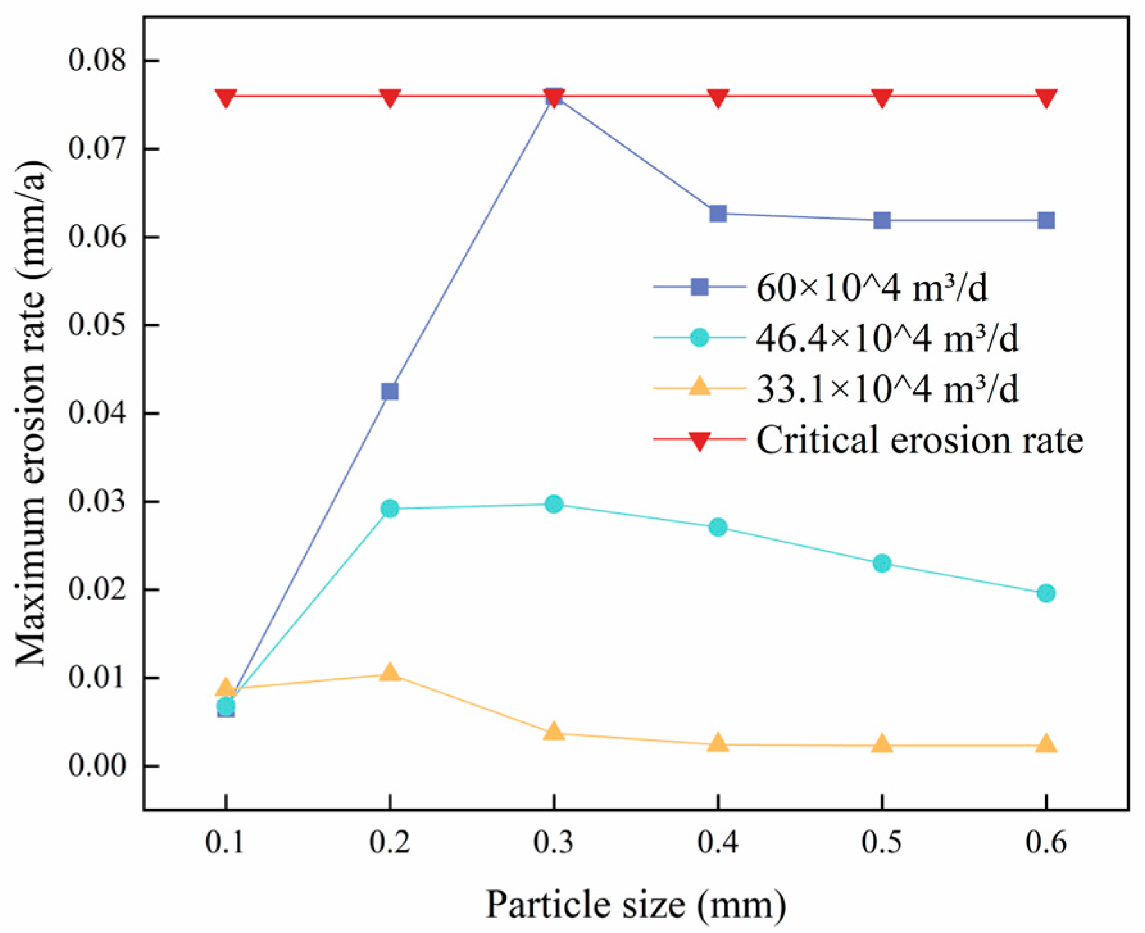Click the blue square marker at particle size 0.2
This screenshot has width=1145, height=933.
click(390, 391)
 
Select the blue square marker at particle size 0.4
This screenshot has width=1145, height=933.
click(718, 213)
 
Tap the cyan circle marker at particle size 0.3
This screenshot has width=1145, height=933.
click(554, 504)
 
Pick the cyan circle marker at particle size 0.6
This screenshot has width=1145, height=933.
click(1046, 593)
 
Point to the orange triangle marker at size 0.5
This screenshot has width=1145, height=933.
click(882, 744)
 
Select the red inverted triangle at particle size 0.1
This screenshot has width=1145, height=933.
click(226, 97)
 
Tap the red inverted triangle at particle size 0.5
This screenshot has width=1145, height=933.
click(882, 97)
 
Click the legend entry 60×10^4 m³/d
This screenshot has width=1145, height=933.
click(872, 287)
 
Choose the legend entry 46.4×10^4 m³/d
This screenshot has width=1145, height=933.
click(887, 338)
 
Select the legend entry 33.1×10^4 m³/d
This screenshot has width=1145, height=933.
click(887, 389)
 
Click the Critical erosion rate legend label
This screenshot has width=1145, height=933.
click(919, 441)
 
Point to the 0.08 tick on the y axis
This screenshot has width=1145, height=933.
click(97, 61)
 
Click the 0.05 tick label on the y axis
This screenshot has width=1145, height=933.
click(97, 325)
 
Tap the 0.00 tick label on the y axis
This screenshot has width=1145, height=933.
click(97, 766)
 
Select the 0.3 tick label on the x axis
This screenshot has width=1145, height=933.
click(554, 841)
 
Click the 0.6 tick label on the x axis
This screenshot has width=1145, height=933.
click(1046, 841)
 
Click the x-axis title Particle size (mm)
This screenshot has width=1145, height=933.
click(635, 905)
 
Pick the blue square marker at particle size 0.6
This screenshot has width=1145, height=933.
click(1046, 221)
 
